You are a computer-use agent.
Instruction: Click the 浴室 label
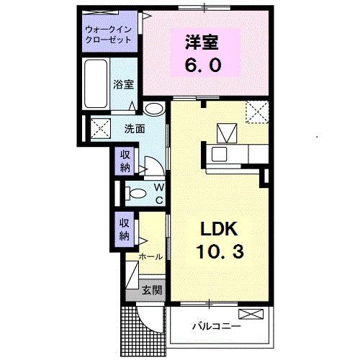click(x=123, y=85)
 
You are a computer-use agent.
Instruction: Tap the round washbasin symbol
click(x=153, y=109)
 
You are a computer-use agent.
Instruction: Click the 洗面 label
click(x=135, y=130)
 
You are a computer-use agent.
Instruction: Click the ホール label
click(x=150, y=256)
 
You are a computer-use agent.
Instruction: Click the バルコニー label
click(x=216, y=326)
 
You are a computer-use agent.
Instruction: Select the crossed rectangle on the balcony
click(x=251, y=315)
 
